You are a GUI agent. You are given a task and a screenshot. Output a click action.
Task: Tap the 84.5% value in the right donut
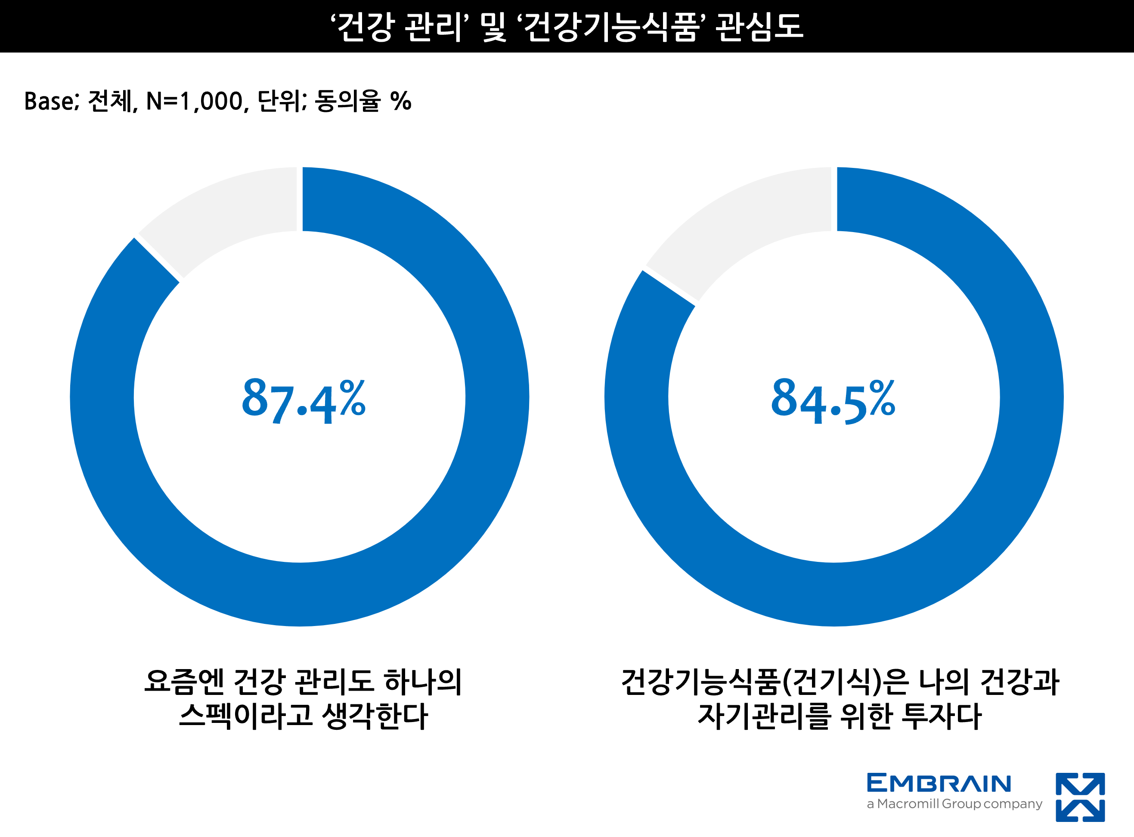pos(833,401)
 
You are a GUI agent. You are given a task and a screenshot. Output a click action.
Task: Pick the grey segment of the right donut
pos(744,228)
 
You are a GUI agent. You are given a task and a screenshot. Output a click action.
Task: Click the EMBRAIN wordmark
pos(939,783)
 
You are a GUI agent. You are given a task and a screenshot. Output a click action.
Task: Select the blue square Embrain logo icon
pos(1080,797)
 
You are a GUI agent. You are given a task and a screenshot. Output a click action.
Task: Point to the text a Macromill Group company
pos(954,804)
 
